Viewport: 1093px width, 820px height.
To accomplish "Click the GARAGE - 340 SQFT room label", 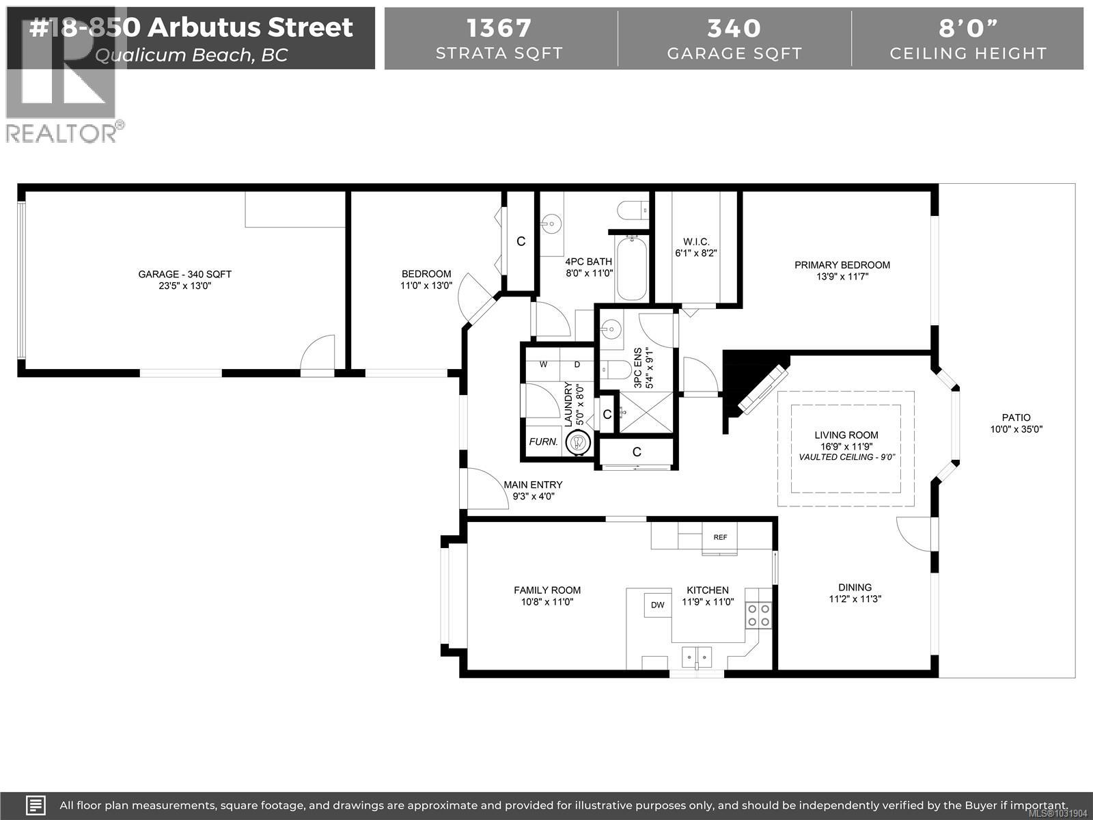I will click(184, 274).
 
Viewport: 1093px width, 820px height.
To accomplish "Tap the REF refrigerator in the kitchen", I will click(720, 537).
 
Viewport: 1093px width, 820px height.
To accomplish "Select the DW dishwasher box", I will click(657, 605).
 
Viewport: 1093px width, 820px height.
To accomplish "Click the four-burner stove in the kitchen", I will click(758, 614).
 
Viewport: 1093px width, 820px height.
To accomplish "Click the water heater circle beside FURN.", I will click(580, 442).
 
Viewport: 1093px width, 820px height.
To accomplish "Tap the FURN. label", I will click(544, 442).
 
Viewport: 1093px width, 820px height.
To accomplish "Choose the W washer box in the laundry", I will click(544, 365).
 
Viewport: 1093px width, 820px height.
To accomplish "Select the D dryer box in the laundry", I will click(577, 365).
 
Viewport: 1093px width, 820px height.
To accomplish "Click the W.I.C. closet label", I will click(696, 242).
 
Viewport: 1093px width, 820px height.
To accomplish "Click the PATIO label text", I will click(1016, 418).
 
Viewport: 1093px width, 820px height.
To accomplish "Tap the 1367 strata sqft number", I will click(499, 28).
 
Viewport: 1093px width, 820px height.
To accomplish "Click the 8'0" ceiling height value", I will click(968, 28).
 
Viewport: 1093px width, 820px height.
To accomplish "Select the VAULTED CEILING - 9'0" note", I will click(846, 457).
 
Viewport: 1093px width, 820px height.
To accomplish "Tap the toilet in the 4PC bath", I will click(633, 209).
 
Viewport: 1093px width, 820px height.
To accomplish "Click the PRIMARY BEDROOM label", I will click(842, 265).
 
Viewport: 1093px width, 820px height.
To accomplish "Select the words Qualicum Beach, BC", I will click(191, 55).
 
